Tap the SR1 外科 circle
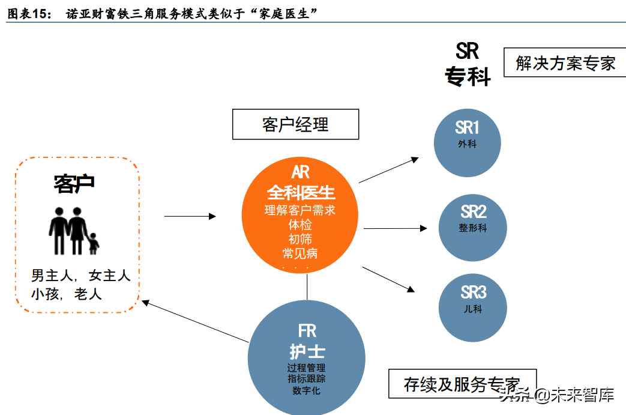click(467, 142)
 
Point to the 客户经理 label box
click(295, 124)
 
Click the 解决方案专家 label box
click(565, 63)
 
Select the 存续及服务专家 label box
click(462, 384)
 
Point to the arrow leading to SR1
click(388, 170)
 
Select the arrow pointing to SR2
click(395, 228)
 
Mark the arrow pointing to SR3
click(388, 279)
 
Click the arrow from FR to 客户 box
click(196, 322)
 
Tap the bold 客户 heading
click(74, 184)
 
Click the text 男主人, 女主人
click(80, 276)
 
